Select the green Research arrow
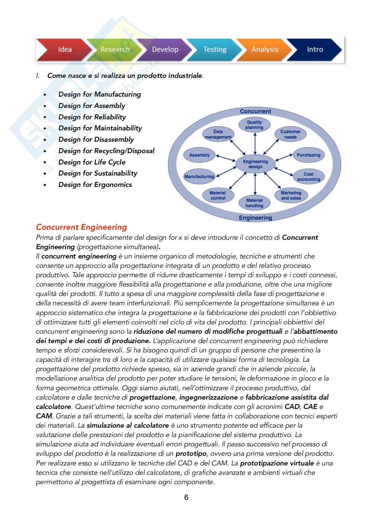click(x=115, y=49)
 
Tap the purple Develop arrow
click(x=165, y=49)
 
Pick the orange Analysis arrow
click(x=264, y=49)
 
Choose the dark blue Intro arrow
click(x=315, y=49)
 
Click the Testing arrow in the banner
click(x=215, y=49)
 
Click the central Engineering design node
click(x=255, y=164)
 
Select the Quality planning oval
click(x=254, y=125)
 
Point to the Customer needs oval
click(x=290, y=134)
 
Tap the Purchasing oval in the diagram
click(x=308, y=155)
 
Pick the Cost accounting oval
click(x=308, y=177)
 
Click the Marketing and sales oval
click(x=291, y=195)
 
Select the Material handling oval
click(x=254, y=203)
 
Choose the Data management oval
click(x=218, y=134)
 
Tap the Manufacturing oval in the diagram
click(x=199, y=177)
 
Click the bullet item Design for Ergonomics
click(x=95, y=185)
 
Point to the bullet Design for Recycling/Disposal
click(x=106, y=151)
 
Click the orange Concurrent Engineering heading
click(x=82, y=227)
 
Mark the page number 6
click(x=186, y=497)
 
